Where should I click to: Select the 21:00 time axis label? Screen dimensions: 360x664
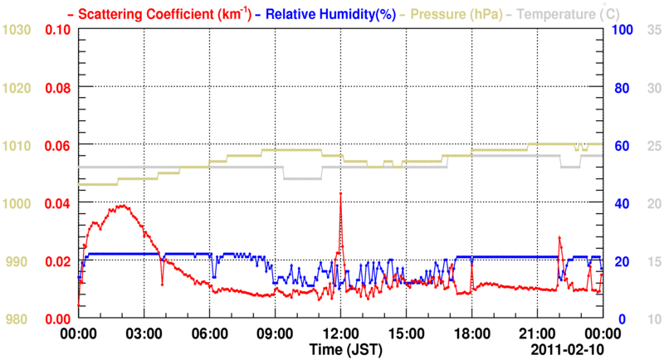click(537, 333)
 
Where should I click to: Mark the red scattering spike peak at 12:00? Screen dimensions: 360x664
click(340, 193)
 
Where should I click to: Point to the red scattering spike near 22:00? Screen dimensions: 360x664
click(559, 237)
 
